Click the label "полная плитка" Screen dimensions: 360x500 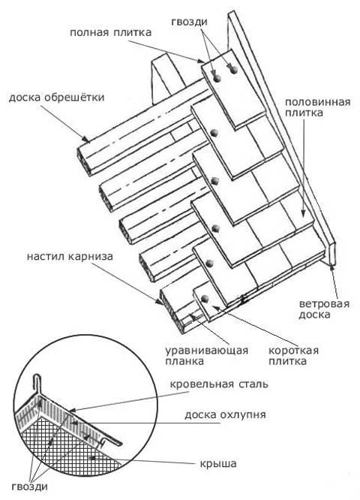pyautogui.click(x=110, y=33)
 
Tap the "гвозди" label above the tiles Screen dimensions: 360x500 pyautogui.click(x=189, y=22)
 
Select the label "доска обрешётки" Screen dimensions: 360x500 pyautogui.click(x=57, y=97)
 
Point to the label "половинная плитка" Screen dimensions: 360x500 pyautogui.click(x=317, y=107)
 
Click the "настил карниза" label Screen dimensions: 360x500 pyautogui.click(x=70, y=256)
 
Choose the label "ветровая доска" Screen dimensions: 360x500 pyautogui.click(x=324, y=309)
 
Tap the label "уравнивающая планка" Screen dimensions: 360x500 pyautogui.click(x=206, y=356)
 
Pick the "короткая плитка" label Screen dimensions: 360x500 pyautogui.click(x=293, y=356)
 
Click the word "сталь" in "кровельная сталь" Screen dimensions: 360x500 pyautogui.click(x=253, y=384)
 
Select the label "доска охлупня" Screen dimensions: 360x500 pyautogui.click(x=225, y=415)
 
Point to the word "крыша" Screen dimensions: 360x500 pyautogui.click(x=218, y=463)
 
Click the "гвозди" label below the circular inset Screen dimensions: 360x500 pyautogui.click(x=30, y=486)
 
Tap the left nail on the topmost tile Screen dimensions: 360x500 pyautogui.click(x=217, y=79)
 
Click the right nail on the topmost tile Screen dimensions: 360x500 pyautogui.click(x=233, y=70)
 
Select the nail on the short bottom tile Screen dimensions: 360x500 pyautogui.click(x=205, y=298)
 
